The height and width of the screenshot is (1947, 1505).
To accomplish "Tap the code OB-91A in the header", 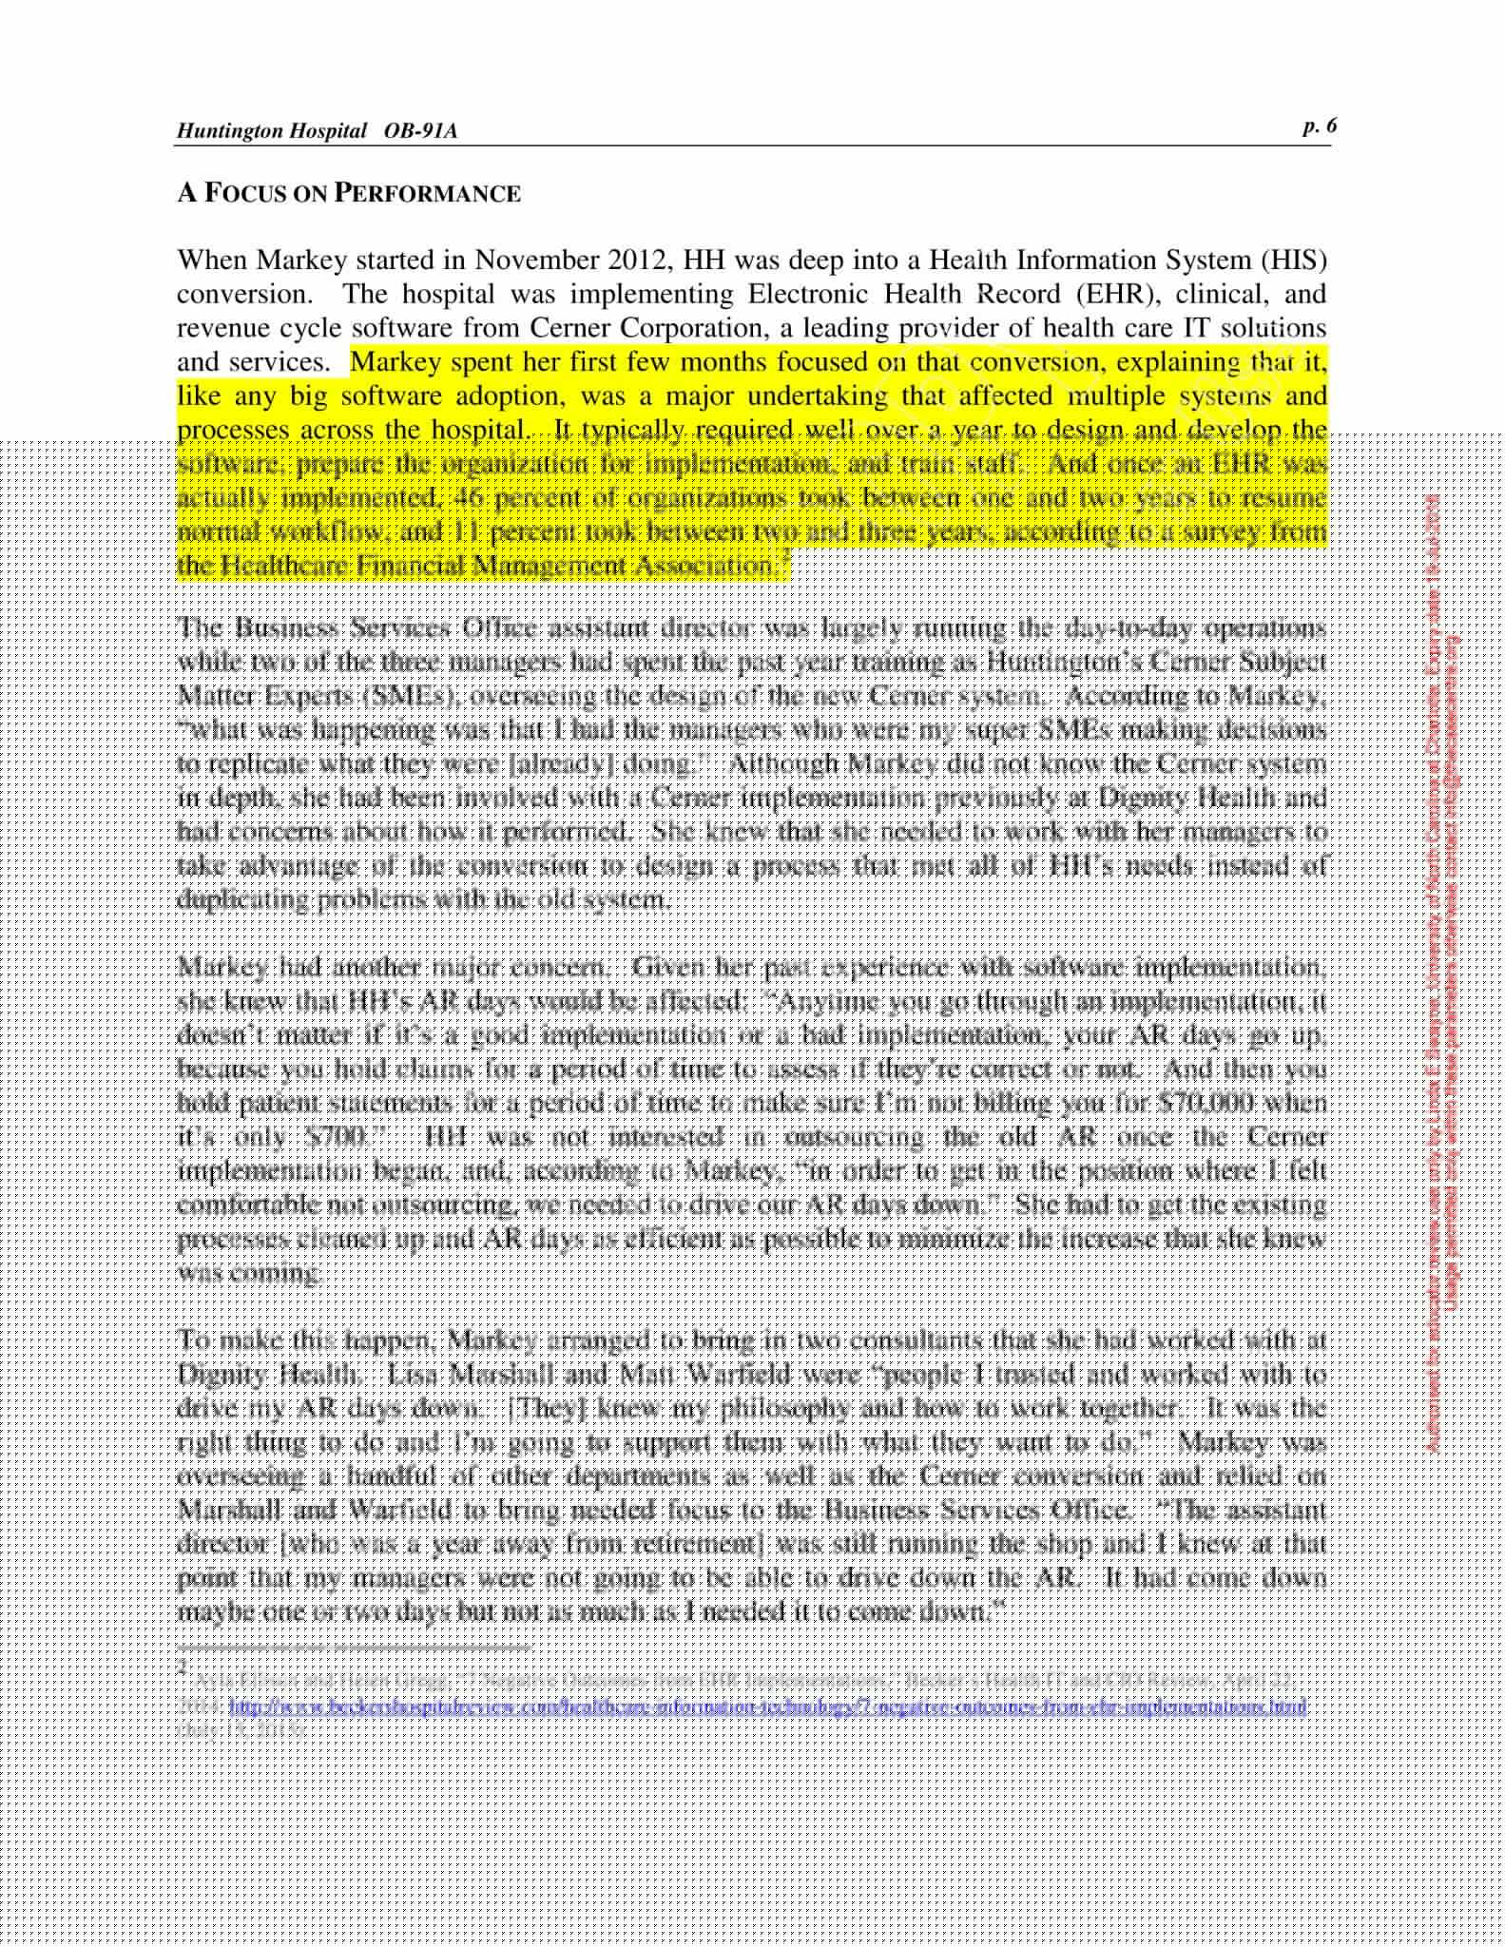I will tap(420, 131).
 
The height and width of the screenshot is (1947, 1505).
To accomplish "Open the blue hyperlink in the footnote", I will tap(768, 1706).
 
